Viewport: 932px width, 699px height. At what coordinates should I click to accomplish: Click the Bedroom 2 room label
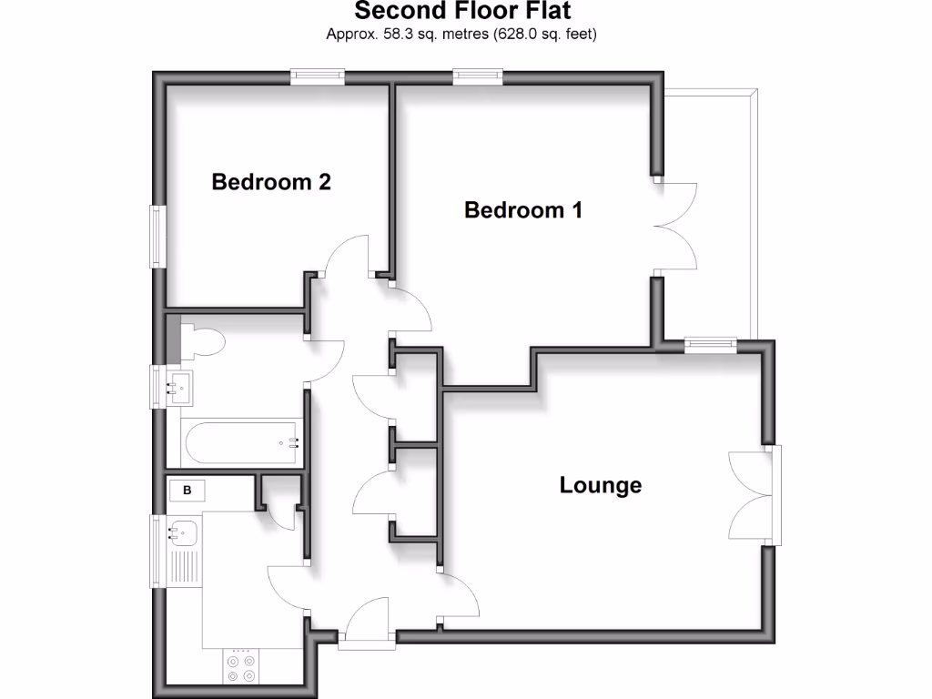tap(271, 182)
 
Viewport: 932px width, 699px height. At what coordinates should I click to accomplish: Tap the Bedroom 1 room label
tap(522, 210)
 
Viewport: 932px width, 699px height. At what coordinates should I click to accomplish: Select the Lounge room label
tap(600, 485)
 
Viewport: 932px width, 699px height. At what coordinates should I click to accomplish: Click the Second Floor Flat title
tap(462, 12)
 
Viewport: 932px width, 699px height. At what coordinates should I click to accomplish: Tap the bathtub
tap(242, 444)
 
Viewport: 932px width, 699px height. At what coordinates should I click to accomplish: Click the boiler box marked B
tap(187, 491)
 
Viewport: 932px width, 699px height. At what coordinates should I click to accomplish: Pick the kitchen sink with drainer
tap(183, 551)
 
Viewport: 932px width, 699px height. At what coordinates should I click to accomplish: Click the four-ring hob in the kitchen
tap(242, 668)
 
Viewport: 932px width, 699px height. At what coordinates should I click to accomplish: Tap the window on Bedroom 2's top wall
tap(318, 77)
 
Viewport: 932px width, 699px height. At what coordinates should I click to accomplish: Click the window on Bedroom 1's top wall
tap(478, 77)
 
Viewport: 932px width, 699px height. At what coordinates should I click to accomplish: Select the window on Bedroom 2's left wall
tap(158, 237)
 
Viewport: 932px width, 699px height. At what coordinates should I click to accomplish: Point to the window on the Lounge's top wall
tap(710, 343)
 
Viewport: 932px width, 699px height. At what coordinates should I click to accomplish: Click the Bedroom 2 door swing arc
tap(342, 255)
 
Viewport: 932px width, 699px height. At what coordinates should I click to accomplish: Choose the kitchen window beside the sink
tap(157, 551)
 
